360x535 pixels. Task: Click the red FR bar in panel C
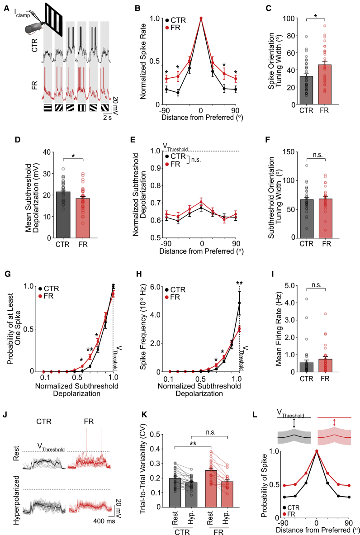click(325, 84)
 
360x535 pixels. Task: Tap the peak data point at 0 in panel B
click(201, 19)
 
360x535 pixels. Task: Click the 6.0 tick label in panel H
click(155, 287)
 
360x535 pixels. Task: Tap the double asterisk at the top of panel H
click(240, 283)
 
